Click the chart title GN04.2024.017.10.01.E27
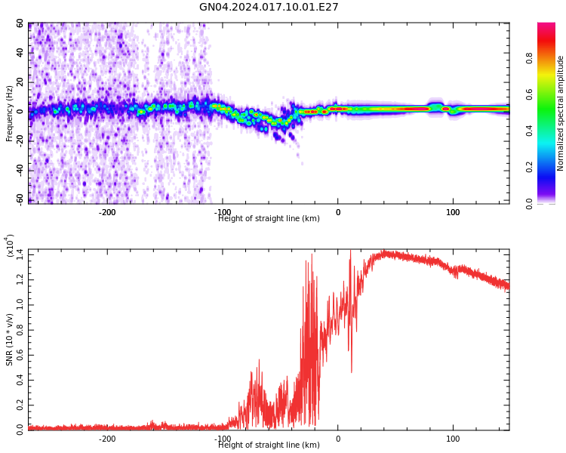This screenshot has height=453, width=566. pos(269,8)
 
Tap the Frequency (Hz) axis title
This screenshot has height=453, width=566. pos(10,113)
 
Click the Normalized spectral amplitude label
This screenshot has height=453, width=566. pos(561,113)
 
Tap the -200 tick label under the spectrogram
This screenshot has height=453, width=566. pos(107,212)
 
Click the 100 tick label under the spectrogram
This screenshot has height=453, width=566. pos(453,212)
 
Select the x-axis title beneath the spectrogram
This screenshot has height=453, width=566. pos(269,219)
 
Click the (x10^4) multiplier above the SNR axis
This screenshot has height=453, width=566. pos(10,246)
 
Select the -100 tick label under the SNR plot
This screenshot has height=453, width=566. pos(223,439)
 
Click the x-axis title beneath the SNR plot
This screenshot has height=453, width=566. pos(269,445)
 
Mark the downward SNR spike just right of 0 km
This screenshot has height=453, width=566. pos(350,370)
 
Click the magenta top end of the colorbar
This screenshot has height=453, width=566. pos(546,27)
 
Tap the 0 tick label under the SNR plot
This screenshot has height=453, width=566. pos(338,439)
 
